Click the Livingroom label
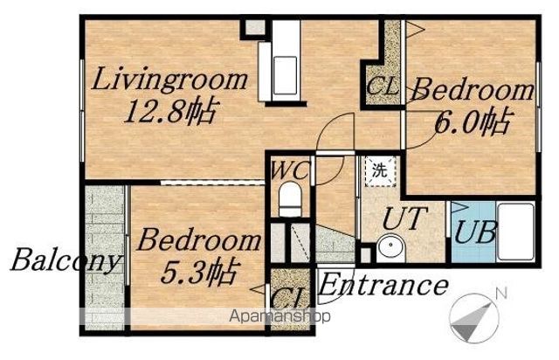(x=169, y=80)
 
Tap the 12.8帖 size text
(x=170, y=111)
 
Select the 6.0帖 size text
(x=473, y=121)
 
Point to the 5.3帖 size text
(x=198, y=273)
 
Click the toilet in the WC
(x=289, y=200)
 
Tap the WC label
(x=289, y=170)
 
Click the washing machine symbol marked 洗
(x=380, y=170)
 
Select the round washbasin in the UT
(x=390, y=246)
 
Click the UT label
(x=404, y=218)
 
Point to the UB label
(x=475, y=232)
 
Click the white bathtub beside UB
(x=516, y=232)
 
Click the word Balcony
(x=64, y=260)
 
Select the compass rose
(x=474, y=317)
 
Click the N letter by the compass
(x=501, y=294)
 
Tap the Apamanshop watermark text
(x=279, y=316)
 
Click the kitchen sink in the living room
(x=285, y=75)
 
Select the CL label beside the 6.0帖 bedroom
(x=383, y=87)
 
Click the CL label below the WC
(x=289, y=297)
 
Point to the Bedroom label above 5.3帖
(x=199, y=241)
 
